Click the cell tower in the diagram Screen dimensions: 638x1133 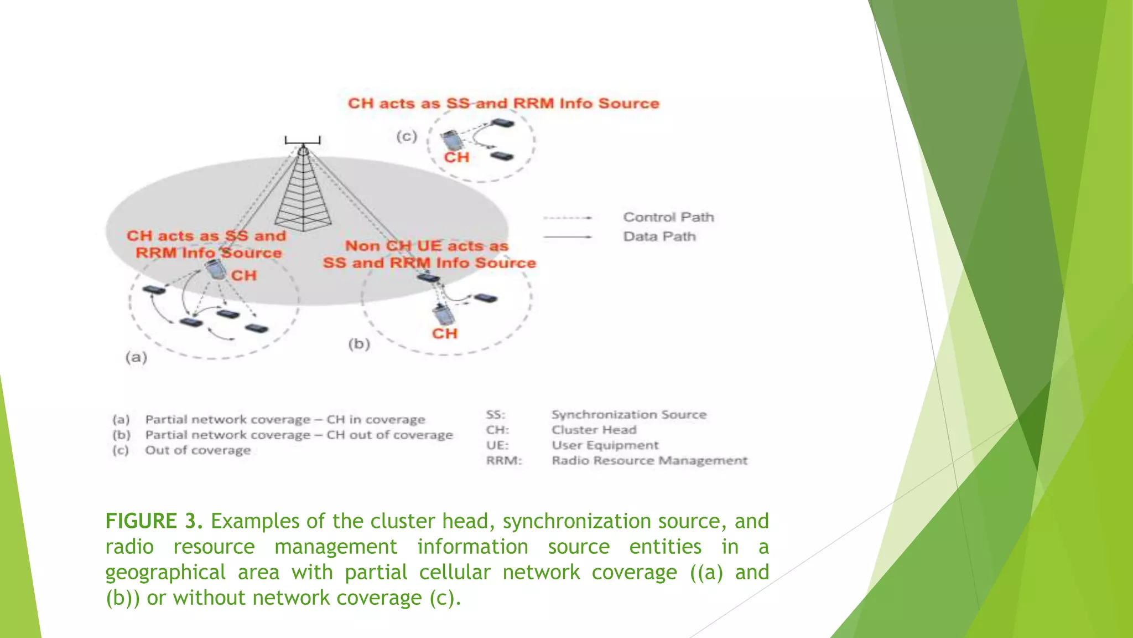[303, 188]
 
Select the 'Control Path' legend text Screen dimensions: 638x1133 [668, 217]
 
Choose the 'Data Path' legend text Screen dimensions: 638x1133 [659, 236]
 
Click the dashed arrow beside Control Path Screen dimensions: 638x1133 [567, 218]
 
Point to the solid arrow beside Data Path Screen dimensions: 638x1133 [567, 237]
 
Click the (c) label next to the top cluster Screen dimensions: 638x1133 [407, 136]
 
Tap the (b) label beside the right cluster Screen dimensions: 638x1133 [359, 344]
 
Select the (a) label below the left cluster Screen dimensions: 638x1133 [136, 357]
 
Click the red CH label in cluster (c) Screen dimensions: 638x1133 [456, 158]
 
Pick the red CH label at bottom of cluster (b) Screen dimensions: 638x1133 [445, 334]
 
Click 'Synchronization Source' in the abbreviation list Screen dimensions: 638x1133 [629, 415]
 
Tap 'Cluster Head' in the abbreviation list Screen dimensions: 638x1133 [594, 430]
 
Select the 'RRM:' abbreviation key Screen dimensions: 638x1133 [504, 461]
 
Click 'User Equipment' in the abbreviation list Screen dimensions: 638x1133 [605, 445]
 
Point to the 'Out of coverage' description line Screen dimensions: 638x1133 [198, 450]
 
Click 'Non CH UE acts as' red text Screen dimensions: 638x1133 [427, 246]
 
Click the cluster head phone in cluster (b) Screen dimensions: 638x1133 [444, 315]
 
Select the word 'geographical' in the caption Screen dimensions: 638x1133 [165, 572]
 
